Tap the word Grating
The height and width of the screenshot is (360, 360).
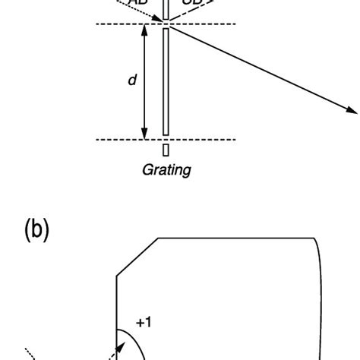coord(166,170)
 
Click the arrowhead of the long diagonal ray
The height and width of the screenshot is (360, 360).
coord(352,112)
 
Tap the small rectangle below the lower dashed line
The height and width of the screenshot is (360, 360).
coord(166,150)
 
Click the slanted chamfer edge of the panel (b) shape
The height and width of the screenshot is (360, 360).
coord(137,257)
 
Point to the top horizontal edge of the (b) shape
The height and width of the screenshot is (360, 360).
coord(235,238)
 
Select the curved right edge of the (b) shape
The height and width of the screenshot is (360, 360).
coord(324,304)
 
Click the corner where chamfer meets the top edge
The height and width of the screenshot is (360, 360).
coord(159,238)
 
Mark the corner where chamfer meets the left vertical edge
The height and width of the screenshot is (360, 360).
coord(116,276)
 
